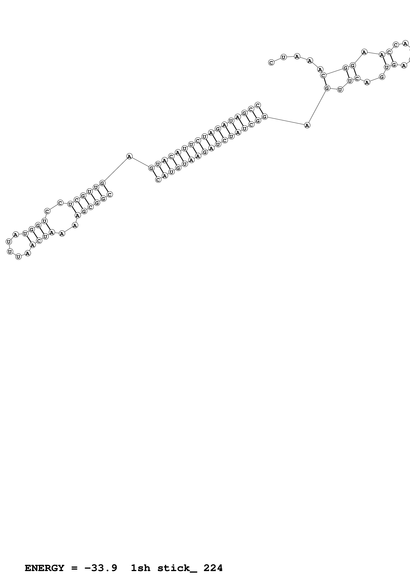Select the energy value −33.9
(101, 568)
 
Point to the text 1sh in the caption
(140, 568)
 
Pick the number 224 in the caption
(213, 568)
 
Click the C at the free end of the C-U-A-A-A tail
(271, 62)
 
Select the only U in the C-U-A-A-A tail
(283, 57)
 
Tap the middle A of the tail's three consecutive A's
(310, 61)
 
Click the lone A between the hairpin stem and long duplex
(129, 156)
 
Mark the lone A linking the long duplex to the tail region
(307, 125)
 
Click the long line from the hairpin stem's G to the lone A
(116, 170)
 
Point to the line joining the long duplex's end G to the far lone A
(286, 121)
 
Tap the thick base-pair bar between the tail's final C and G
(325, 82)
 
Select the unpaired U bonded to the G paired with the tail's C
(340, 90)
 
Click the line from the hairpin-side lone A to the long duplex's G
(140, 162)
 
